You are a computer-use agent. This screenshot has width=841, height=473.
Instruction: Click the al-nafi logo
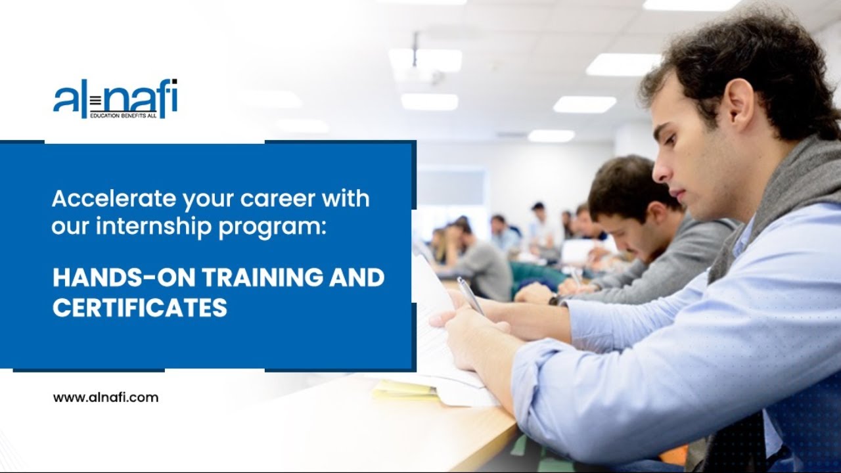115,99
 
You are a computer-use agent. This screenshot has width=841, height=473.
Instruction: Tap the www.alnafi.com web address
105,397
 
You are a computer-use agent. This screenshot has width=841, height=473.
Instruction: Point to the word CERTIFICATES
140,307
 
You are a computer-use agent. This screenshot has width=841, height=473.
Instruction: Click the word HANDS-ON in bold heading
122,277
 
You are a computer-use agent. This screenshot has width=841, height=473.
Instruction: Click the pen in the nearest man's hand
470,296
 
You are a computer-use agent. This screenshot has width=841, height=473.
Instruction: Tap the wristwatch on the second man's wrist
555,300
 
